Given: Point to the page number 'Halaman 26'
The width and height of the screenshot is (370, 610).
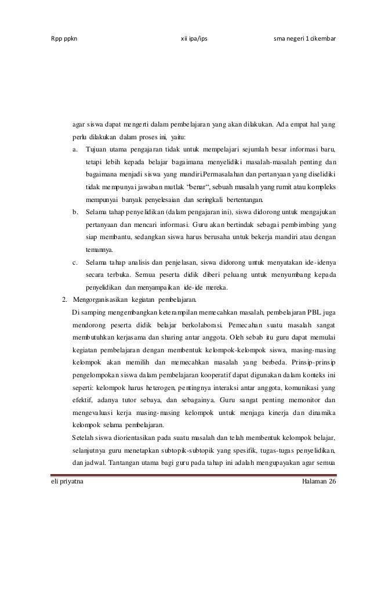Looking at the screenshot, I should pyautogui.click(x=319, y=483).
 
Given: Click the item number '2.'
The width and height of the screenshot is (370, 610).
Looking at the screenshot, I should pyautogui.click(x=65, y=299).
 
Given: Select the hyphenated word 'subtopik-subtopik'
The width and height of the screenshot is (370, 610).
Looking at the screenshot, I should pyautogui.click(x=182, y=450).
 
